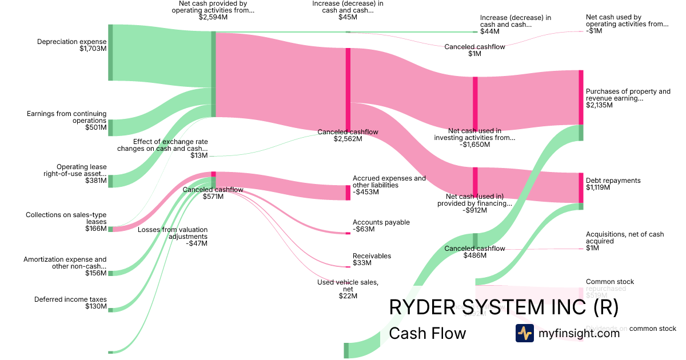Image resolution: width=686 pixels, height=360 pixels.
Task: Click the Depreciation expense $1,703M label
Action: (72, 45)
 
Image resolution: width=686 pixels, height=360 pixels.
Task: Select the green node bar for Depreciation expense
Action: (110, 53)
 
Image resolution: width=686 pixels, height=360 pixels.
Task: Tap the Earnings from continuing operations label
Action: (67, 121)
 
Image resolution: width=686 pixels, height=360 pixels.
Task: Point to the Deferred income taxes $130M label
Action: (70, 303)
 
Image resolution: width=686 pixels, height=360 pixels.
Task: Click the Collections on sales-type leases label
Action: (66, 222)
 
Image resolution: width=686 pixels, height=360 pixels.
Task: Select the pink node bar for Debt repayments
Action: (581, 187)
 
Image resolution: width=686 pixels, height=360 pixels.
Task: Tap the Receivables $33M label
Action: (372, 259)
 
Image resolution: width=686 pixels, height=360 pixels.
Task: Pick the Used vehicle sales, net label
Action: (348, 289)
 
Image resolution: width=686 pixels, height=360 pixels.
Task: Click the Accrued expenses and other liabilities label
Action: (389, 185)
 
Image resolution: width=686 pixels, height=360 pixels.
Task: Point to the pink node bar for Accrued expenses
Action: (348, 193)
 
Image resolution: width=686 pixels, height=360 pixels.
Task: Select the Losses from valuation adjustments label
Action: (173, 236)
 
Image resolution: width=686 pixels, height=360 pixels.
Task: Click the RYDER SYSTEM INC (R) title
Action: (504, 307)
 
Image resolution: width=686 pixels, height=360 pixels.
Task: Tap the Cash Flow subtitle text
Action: (428, 333)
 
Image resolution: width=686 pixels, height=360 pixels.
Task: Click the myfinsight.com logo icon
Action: (524, 333)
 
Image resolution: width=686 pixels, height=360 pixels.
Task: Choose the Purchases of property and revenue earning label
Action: (628, 98)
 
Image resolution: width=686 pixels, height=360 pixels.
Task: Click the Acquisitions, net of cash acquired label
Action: (625, 241)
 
